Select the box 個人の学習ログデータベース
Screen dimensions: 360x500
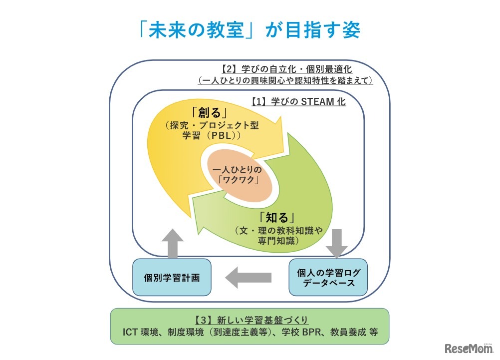pos(328,277)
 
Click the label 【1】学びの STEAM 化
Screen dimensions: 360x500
pos(298,101)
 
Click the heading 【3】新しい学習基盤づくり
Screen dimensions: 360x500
pos(250,320)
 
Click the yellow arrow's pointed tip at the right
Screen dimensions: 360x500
pos(291,137)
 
